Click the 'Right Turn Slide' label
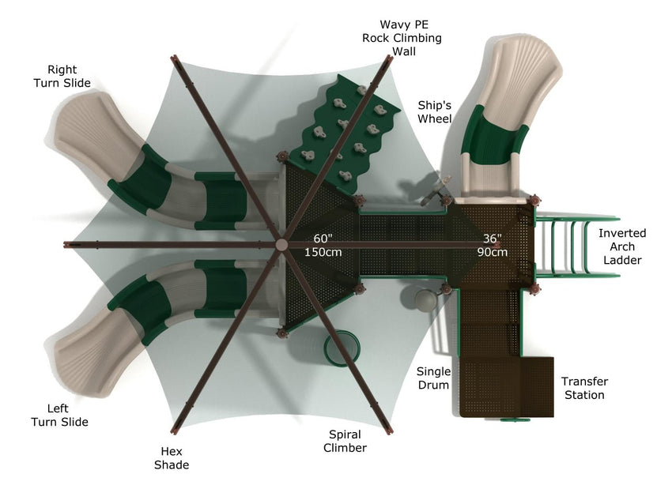[x=68, y=77]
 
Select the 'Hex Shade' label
[x=172, y=458]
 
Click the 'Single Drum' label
[x=433, y=378]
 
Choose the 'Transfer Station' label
[x=584, y=388]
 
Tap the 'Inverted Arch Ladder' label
[x=621, y=246]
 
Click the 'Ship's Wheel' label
[x=435, y=112]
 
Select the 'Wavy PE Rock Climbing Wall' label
[x=402, y=39]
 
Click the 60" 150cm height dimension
[x=323, y=245]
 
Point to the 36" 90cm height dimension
[x=493, y=245]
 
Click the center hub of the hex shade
[x=281, y=245]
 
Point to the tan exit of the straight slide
[x=519, y=67]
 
